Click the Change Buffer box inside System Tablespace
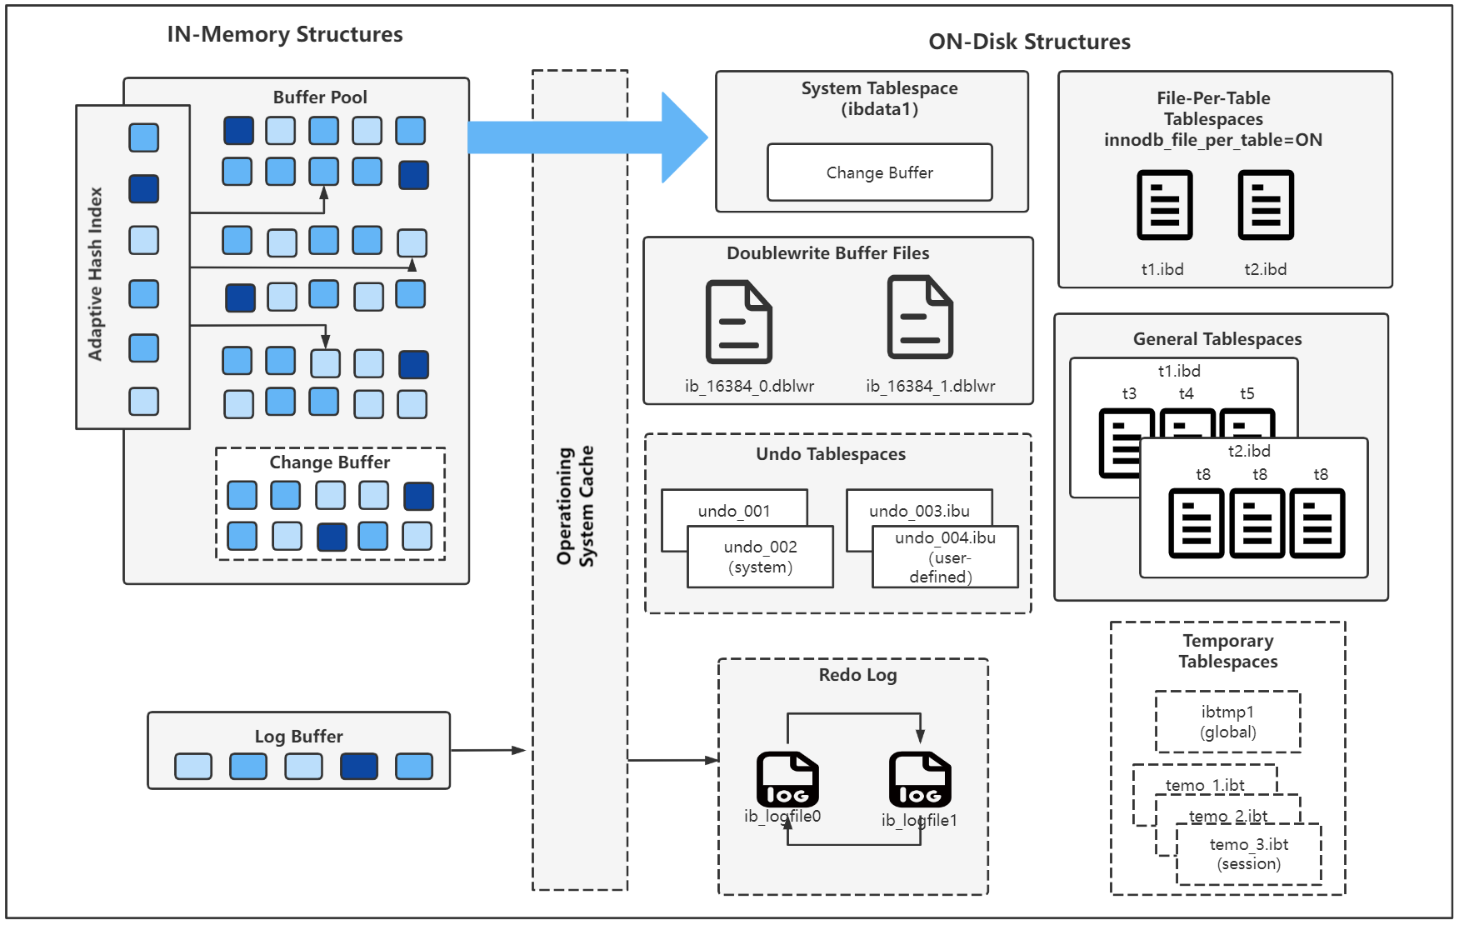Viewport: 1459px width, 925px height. (x=879, y=172)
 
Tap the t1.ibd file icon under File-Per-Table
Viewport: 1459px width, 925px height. (x=1164, y=205)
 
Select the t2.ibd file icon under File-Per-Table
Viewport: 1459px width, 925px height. (x=1265, y=205)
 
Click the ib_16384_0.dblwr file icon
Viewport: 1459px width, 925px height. (x=739, y=322)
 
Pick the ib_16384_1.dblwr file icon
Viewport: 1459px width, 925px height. (x=920, y=317)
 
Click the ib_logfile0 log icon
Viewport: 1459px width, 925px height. (x=787, y=779)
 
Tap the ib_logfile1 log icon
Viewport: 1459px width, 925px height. (x=919, y=779)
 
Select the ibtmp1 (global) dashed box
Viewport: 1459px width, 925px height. (x=1227, y=722)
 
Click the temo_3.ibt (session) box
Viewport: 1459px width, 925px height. (x=1248, y=854)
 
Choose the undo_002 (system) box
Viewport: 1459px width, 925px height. (x=760, y=557)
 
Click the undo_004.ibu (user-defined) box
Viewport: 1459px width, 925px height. (x=945, y=557)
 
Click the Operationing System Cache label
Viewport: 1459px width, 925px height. (x=576, y=506)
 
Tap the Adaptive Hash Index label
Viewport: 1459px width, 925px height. (x=96, y=273)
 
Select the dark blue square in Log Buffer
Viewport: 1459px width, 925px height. (x=359, y=766)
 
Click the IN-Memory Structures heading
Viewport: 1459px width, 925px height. (x=285, y=34)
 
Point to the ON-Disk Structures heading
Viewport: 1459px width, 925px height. (x=1029, y=42)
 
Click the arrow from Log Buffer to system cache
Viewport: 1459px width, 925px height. (x=487, y=750)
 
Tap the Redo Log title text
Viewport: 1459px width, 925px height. (x=857, y=675)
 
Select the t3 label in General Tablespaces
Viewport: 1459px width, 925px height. (x=1129, y=393)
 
